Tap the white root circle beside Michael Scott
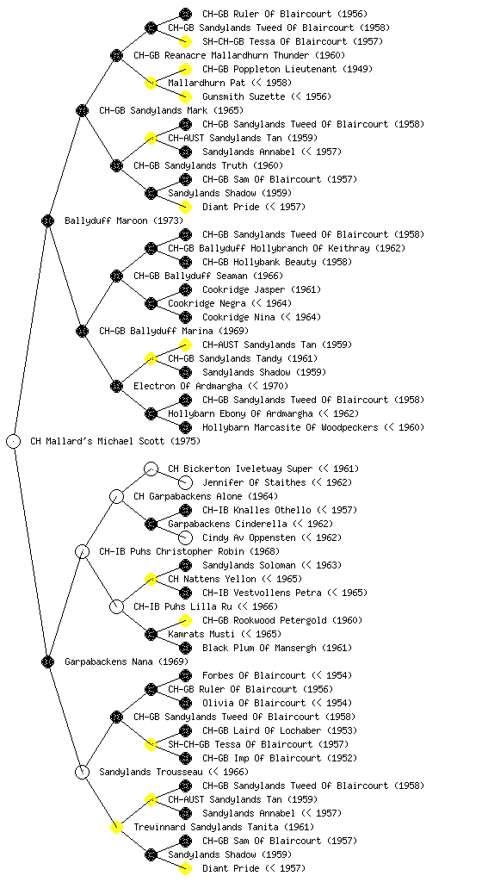[x=14, y=441]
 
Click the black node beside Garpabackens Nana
[x=47, y=661]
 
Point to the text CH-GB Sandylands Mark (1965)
[x=171, y=110]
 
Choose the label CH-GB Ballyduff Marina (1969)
[x=174, y=331]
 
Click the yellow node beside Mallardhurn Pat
[x=151, y=83]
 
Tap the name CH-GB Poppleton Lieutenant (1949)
[x=287, y=69]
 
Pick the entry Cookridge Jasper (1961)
[x=262, y=289]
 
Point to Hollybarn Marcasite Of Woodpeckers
[x=290, y=427]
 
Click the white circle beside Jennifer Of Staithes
[x=185, y=482]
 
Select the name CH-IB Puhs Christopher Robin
[x=172, y=551]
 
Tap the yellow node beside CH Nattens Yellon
[x=151, y=579]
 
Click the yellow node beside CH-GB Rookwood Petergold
[x=185, y=620]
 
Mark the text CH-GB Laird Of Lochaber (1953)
[x=279, y=730]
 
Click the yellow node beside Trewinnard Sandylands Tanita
[x=116, y=827]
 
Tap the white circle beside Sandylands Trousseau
[x=82, y=772]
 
